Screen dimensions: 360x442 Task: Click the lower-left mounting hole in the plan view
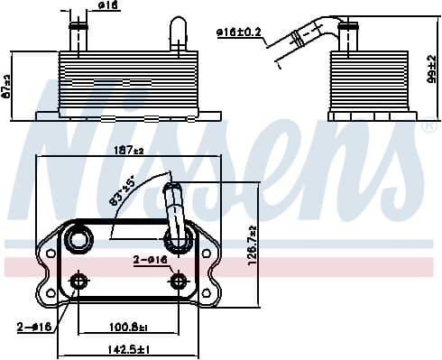pyautogui.click(x=79, y=282)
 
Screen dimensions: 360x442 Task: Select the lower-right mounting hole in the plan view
pyautogui.click(x=178, y=282)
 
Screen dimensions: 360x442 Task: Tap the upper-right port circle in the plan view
pyautogui.click(x=176, y=241)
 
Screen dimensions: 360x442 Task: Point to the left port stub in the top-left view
pyautogui.click(x=77, y=36)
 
